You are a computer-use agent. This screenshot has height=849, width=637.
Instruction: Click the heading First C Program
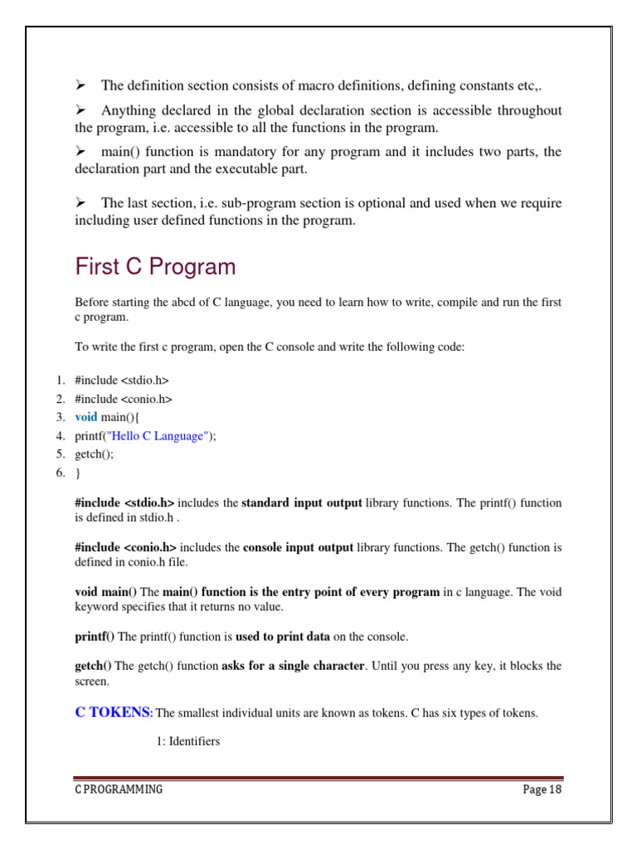coord(155,267)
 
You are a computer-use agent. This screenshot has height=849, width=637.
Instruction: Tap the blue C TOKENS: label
coord(114,712)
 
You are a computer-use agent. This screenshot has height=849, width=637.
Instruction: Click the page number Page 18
coord(542,789)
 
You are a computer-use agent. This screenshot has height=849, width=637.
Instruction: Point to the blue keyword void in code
coord(86,417)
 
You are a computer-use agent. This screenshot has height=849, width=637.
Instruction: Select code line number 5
coord(61,454)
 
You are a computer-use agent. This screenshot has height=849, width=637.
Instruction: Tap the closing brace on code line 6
coord(78,473)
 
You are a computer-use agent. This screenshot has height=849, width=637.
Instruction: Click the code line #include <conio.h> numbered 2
coord(123,399)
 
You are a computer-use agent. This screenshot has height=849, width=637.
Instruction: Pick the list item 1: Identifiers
coord(187,741)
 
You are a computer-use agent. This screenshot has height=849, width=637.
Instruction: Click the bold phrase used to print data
coord(283,637)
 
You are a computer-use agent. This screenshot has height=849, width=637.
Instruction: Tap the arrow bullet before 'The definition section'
coord(81,85)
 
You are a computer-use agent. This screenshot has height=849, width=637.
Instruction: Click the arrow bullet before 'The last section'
coord(81,202)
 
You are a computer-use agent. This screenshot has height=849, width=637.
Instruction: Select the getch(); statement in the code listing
coord(95,454)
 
